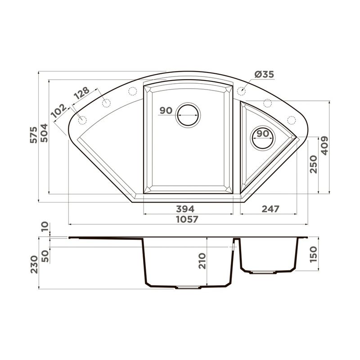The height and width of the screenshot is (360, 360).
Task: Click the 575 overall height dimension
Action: (34, 135)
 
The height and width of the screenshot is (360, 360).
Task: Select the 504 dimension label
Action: (44, 133)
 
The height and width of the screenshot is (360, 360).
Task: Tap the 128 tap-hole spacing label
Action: (82, 93)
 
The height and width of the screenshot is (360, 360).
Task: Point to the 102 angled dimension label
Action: (59, 111)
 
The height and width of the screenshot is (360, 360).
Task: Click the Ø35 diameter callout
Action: (264, 74)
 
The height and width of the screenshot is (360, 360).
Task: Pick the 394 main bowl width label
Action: (185, 209)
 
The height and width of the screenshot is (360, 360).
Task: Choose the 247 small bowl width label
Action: (270, 209)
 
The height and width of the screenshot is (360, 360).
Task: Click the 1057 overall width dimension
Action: (187, 220)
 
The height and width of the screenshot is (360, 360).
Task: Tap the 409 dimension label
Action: (324, 145)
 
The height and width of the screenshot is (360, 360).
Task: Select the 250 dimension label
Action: (313, 164)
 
